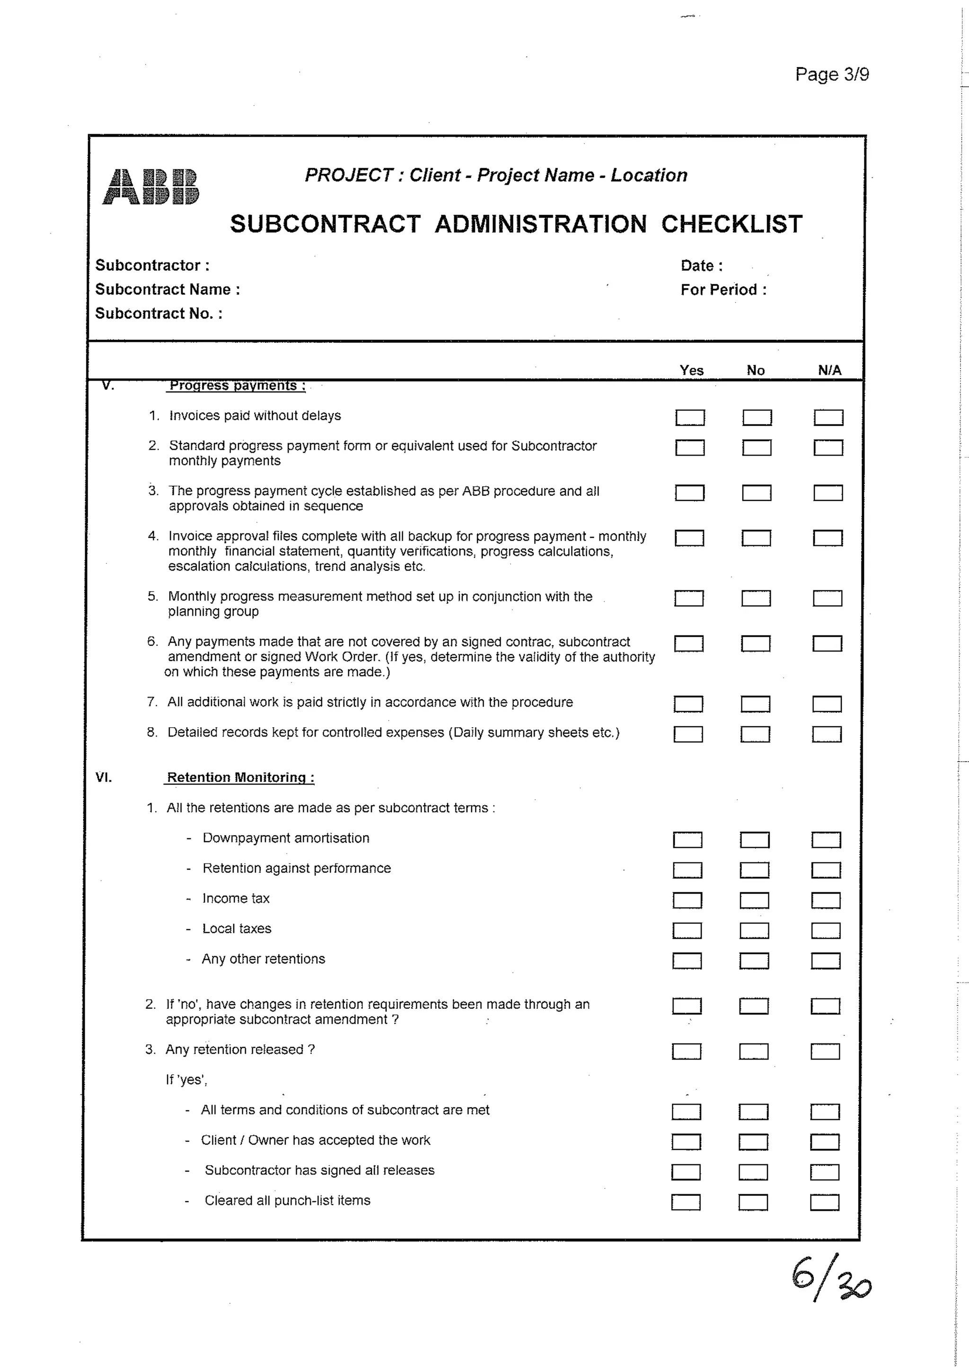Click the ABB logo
[x=150, y=187]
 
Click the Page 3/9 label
[x=832, y=75]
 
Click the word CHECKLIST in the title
[x=731, y=224]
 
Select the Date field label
[x=701, y=266]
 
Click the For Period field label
[x=723, y=290]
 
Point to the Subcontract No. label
[x=159, y=313]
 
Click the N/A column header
[x=829, y=370]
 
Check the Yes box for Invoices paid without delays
[x=690, y=418]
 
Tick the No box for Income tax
[x=754, y=900]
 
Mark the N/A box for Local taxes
[x=826, y=930]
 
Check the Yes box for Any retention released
[x=686, y=1051]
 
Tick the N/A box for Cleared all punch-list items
[x=825, y=1202]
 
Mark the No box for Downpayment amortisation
[x=754, y=840]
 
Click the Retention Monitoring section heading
[x=240, y=777]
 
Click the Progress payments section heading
[x=237, y=386]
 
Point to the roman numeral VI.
[x=103, y=777]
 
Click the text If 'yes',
[x=186, y=1079]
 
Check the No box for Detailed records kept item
[x=755, y=734]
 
